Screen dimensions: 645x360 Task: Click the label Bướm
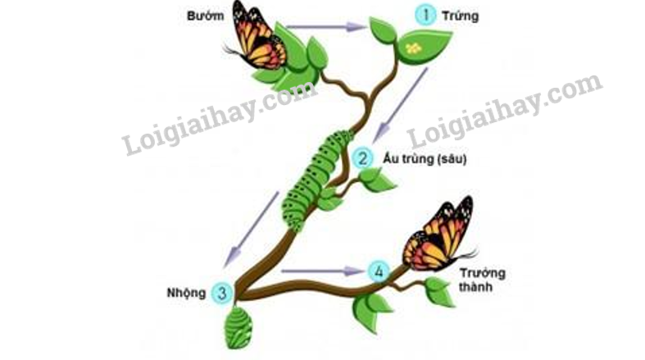205,16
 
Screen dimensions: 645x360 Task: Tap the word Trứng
461,16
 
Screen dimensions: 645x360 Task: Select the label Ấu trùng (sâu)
425,158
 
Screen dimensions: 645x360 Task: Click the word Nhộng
186,293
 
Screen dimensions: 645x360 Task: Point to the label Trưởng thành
482,280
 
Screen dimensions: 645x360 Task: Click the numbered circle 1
425,16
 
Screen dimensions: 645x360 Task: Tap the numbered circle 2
363,158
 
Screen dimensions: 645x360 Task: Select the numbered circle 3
222,293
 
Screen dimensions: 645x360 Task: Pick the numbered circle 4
379,271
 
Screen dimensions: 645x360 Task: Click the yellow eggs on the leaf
413,48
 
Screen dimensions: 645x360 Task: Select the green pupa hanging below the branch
238,327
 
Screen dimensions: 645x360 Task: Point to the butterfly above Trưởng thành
440,235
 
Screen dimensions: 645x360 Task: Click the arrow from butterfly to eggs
326,27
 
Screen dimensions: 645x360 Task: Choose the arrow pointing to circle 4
323,271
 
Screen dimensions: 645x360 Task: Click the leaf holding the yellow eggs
423,48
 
